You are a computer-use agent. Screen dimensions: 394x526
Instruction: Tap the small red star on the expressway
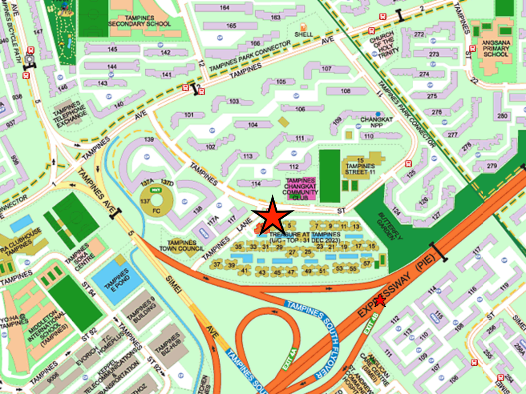379,300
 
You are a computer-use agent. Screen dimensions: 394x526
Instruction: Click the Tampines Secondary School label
139,21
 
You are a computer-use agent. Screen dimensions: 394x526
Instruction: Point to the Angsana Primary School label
496,48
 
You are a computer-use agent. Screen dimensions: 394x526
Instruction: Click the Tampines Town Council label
182,245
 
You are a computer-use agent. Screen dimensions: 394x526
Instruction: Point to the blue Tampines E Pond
116,279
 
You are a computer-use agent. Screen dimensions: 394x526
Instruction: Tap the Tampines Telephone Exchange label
70,114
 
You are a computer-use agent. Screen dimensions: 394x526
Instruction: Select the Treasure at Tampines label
305,237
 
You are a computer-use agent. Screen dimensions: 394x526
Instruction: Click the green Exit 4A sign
289,359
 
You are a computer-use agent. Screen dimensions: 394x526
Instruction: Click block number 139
149,139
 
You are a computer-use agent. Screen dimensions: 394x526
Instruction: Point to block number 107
326,69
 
